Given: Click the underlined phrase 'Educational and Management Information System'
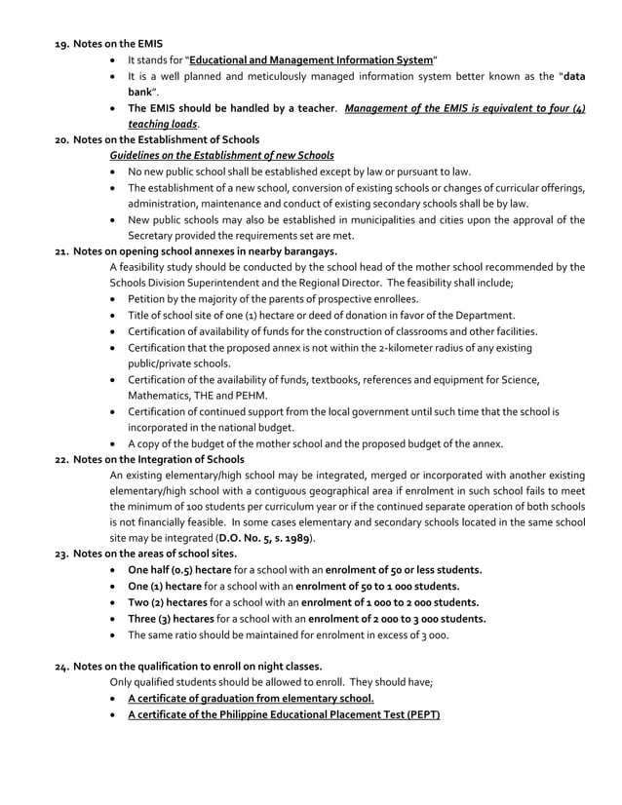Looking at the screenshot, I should point(311,60).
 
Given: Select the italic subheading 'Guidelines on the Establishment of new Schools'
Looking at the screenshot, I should point(222,156).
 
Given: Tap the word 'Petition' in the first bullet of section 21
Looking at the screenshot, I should point(148,298).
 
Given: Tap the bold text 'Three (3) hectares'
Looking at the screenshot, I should point(169,619).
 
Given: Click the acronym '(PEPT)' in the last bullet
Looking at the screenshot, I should point(418,714).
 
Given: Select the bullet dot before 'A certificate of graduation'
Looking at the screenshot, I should point(117,699).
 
